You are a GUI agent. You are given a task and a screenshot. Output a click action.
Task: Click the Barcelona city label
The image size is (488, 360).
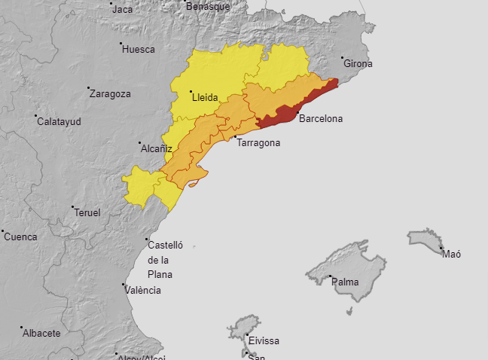pyautogui.click(x=321, y=119)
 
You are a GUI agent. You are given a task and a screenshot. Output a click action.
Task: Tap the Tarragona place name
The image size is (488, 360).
pyautogui.click(x=258, y=142)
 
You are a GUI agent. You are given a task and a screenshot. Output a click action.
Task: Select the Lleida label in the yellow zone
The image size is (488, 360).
pyautogui.click(x=205, y=97)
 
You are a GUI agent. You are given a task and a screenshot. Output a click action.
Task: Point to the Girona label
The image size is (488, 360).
pyautogui.click(x=358, y=64)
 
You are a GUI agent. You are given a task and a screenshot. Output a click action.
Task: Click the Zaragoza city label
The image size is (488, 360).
pyautogui.click(x=110, y=94)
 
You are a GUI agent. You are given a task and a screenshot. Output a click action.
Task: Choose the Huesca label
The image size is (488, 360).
pyautogui.click(x=139, y=50)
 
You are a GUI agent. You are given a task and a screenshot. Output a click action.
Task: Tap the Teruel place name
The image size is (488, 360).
pyautogui.click(x=87, y=213)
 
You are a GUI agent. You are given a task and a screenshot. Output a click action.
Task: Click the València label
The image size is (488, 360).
pyautogui.click(x=144, y=290)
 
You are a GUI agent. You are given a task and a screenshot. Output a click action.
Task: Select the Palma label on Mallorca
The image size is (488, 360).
pyautogui.click(x=346, y=282)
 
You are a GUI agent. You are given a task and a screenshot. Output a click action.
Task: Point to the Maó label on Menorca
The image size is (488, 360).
pyautogui.click(x=452, y=255)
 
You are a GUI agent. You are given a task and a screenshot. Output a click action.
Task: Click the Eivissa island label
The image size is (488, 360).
pyautogui.click(x=264, y=341)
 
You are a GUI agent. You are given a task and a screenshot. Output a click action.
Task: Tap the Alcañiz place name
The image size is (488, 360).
pyautogui.click(x=157, y=149)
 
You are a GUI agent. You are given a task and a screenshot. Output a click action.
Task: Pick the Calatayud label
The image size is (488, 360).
pyautogui.click(x=59, y=121)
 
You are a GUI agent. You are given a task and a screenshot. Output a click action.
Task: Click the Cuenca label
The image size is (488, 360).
pyautogui.click(x=20, y=236)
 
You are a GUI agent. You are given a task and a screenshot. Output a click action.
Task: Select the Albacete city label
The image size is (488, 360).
pyautogui.click(x=41, y=333)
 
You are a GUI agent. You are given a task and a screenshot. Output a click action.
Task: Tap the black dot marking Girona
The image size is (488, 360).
pyautogui.click(x=342, y=58)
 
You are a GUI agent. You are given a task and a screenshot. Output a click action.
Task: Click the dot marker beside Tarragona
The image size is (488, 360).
pyautogui.click(x=235, y=137)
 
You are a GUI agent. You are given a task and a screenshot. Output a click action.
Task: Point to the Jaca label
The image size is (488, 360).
pyautogui.click(x=123, y=10)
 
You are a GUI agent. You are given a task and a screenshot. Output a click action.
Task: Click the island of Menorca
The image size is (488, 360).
pyautogui.click(x=425, y=239)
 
